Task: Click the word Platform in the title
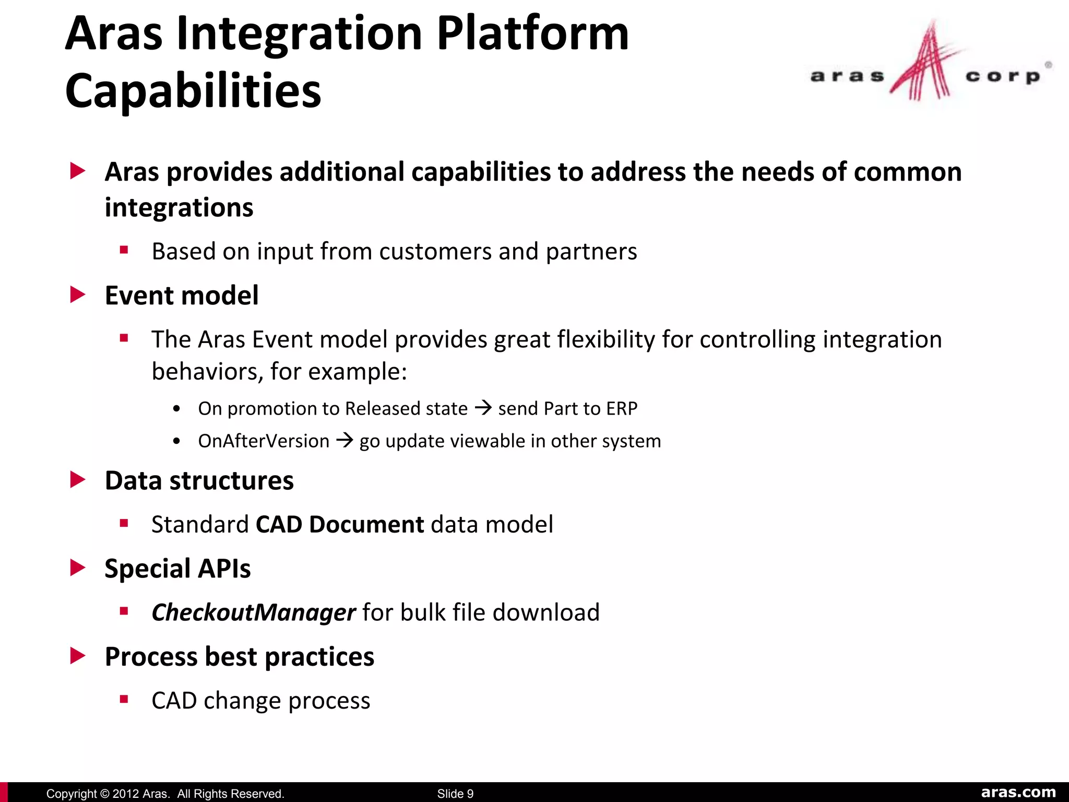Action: [532, 34]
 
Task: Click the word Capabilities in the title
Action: [193, 91]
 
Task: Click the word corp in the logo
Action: [1002, 77]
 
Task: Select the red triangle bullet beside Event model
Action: [77, 295]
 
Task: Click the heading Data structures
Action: [199, 480]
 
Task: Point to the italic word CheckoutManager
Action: [254, 612]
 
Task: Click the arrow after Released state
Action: [483, 407]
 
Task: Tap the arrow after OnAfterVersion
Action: [345, 440]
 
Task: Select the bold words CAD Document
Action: [340, 524]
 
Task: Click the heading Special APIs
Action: [177, 569]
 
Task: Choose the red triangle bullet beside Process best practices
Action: [77, 656]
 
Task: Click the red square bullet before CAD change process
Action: [124, 700]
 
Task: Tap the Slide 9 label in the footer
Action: [455, 794]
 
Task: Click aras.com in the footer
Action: [1018, 792]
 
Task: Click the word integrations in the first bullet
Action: [179, 208]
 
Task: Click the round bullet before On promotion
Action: [177, 409]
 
